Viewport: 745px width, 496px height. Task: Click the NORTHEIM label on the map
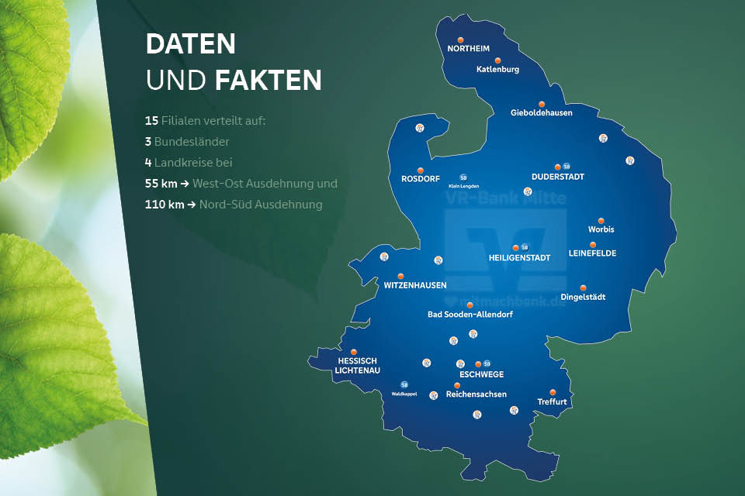click(468, 48)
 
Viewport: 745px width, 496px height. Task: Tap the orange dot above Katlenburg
click(498, 60)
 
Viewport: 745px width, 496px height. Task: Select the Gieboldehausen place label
click(541, 112)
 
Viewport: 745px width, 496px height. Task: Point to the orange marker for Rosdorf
click(421, 170)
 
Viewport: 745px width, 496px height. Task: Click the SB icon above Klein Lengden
click(463, 177)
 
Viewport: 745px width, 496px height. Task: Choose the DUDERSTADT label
click(558, 177)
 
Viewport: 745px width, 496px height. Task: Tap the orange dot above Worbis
click(601, 220)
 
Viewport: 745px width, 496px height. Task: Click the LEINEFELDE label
click(593, 253)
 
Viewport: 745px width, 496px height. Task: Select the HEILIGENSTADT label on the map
click(519, 257)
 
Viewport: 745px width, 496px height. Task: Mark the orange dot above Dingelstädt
click(584, 288)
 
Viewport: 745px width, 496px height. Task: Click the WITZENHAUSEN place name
click(415, 285)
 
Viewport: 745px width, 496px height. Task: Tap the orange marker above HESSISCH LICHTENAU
click(354, 352)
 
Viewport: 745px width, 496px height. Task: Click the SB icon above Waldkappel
click(404, 384)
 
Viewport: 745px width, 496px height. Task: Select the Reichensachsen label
click(476, 394)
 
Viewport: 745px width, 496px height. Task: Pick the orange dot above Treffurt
click(553, 392)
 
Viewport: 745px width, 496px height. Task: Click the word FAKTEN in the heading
click(268, 80)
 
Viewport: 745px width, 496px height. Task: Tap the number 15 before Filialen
click(151, 121)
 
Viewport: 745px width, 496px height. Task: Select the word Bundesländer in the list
click(192, 142)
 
